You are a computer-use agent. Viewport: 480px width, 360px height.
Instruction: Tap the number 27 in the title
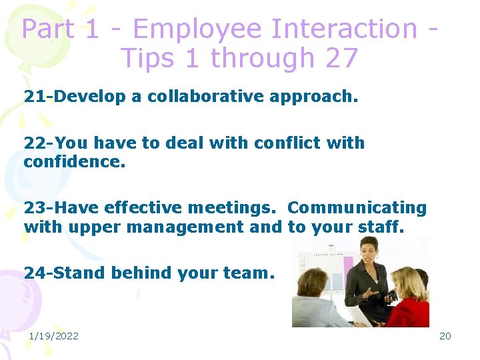click(x=341, y=59)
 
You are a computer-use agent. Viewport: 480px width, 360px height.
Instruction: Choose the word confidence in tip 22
click(x=74, y=161)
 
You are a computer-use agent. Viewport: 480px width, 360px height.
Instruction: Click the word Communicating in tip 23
click(x=357, y=208)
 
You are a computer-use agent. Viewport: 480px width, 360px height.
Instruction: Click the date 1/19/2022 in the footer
click(x=53, y=335)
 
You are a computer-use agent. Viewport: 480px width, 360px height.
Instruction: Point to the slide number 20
click(x=445, y=335)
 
